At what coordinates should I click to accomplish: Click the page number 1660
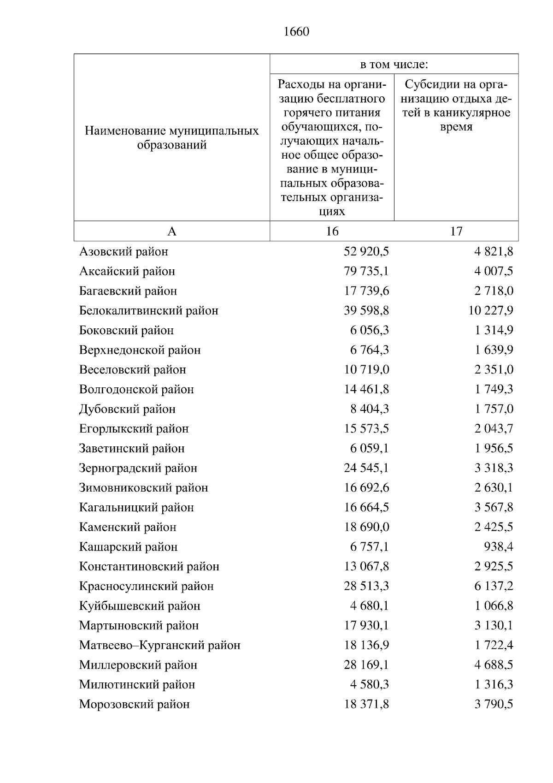click(297, 32)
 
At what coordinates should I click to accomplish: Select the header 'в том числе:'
click(394, 65)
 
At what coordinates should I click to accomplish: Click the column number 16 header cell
click(332, 231)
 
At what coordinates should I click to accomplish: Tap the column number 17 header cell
click(456, 231)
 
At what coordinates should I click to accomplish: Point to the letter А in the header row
click(171, 231)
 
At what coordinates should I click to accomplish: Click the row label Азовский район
click(124, 252)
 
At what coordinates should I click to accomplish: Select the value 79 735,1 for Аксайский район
click(366, 271)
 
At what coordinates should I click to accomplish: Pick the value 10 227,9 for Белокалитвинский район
click(491, 311)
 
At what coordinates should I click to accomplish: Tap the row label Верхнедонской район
click(140, 350)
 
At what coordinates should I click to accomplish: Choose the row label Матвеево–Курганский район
click(159, 645)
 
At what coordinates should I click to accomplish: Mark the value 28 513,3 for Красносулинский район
click(366, 586)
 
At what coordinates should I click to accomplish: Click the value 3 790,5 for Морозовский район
click(494, 704)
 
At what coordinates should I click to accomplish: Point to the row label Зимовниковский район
click(143, 488)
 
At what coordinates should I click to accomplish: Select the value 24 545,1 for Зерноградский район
click(366, 468)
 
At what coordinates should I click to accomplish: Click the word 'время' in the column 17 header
click(456, 127)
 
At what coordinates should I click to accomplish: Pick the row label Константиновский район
click(149, 566)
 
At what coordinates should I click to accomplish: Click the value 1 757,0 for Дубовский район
click(494, 409)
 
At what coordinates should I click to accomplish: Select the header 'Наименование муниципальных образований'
click(171, 138)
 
